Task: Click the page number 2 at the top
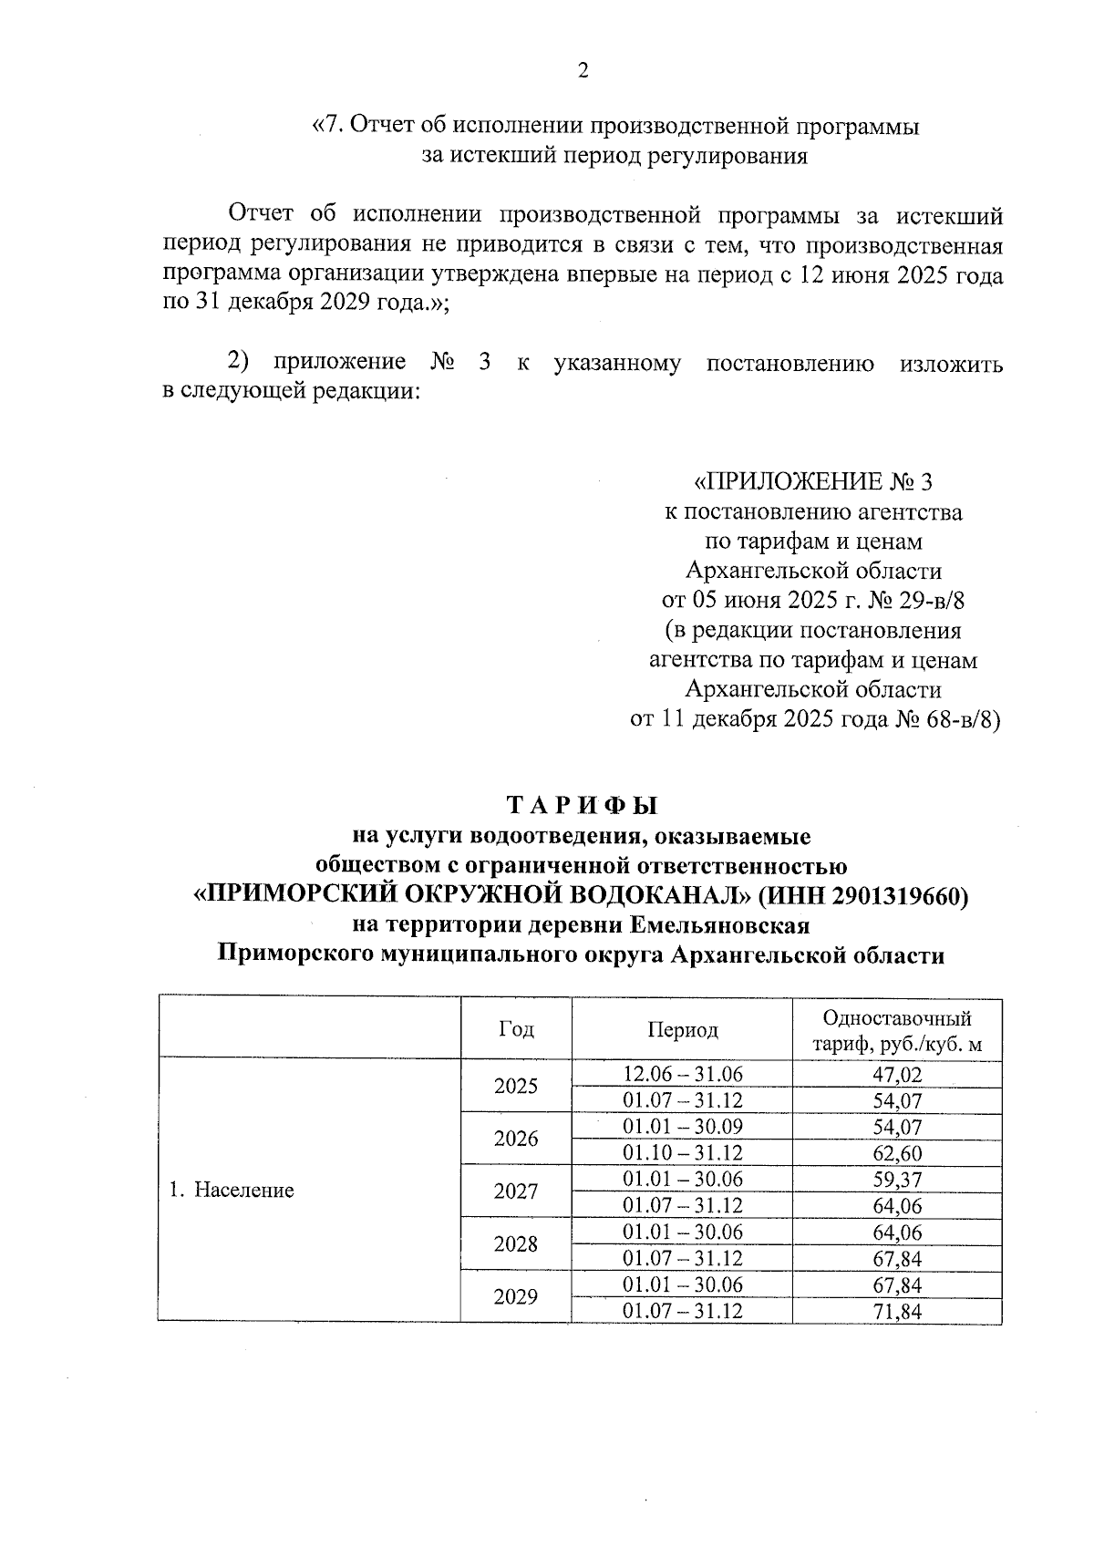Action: click(583, 71)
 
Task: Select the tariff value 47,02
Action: click(897, 1074)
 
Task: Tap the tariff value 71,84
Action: click(897, 1312)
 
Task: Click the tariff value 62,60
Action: click(897, 1153)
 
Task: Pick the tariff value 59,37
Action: click(897, 1180)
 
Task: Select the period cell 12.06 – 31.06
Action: click(682, 1074)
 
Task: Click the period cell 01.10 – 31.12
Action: click(682, 1153)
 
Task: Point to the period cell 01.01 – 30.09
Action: click(682, 1127)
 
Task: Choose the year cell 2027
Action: click(516, 1191)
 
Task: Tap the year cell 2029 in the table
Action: click(516, 1297)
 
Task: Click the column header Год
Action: click(516, 1029)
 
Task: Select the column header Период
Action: click(682, 1030)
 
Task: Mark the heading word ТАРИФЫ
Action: click(582, 806)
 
